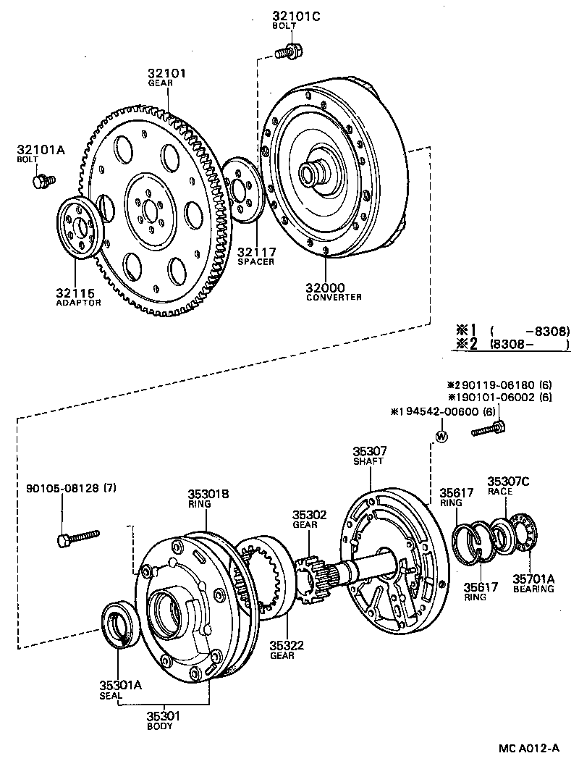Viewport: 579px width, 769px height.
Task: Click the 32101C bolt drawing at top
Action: pos(289,51)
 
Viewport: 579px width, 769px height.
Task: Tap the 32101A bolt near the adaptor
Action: pos(42,180)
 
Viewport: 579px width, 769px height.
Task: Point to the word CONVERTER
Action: pos(334,297)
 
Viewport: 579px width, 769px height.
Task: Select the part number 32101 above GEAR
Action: pos(167,73)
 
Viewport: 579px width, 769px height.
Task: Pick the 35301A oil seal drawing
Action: pos(118,621)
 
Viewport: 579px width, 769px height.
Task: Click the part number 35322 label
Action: pos(288,645)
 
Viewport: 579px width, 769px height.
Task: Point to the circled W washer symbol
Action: pos(441,437)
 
